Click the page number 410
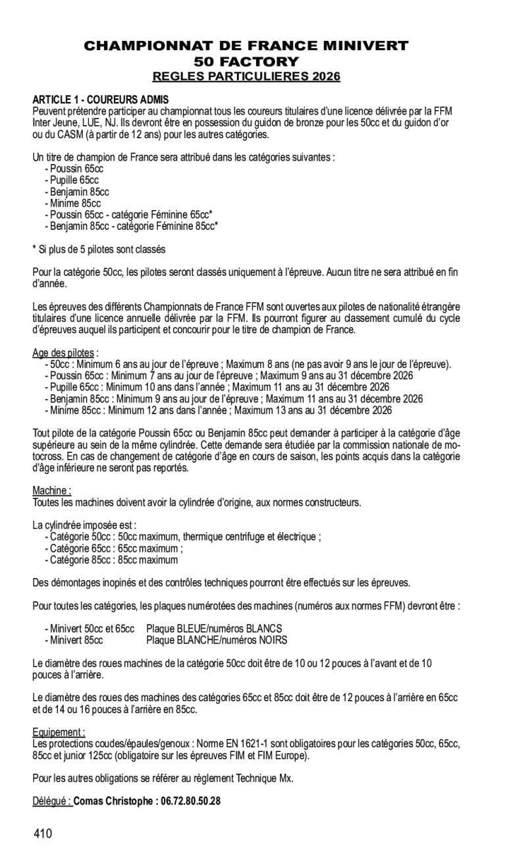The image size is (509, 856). (43, 834)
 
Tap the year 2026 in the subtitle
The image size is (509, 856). (322, 77)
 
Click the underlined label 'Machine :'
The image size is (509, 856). (52, 491)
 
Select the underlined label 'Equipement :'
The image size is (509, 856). (59, 732)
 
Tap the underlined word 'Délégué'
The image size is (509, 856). (50, 801)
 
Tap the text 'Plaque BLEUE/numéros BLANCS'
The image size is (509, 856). (214, 628)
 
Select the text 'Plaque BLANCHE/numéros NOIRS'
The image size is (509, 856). (217, 639)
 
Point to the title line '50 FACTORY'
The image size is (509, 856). (246, 62)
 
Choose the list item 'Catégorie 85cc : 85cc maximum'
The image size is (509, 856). (113, 560)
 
